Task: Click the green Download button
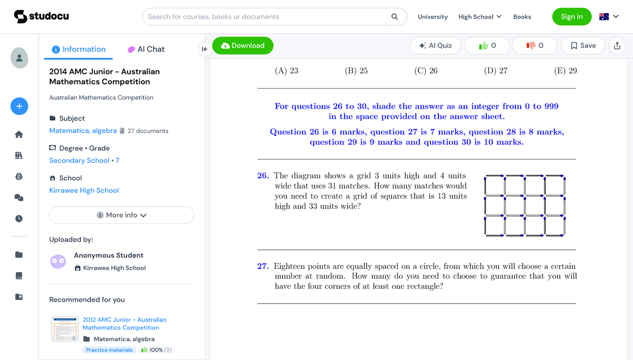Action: (x=243, y=46)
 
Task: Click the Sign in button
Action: (x=571, y=16)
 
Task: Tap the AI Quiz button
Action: (x=435, y=46)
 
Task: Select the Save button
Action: (x=583, y=46)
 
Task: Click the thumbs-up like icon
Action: (x=483, y=46)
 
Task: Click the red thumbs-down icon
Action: (x=531, y=46)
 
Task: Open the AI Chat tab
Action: (x=146, y=49)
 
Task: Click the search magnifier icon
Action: (x=395, y=16)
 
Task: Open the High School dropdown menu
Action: (x=479, y=17)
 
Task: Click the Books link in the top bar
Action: (x=522, y=17)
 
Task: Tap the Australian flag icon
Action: (x=604, y=16)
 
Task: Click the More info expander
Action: (x=122, y=215)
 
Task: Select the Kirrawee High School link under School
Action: (x=84, y=190)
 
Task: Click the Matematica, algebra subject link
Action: (x=83, y=131)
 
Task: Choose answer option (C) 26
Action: (x=426, y=71)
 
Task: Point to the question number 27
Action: (x=263, y=266)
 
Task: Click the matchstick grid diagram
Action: (x=524, y=205)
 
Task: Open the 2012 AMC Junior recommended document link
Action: (x=124, y=324)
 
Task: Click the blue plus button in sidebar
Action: (x=19, y=106)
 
